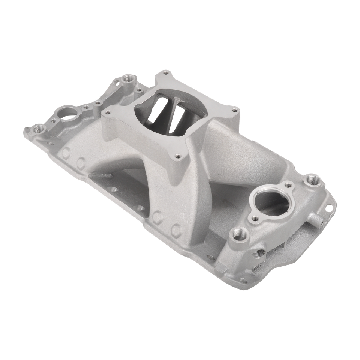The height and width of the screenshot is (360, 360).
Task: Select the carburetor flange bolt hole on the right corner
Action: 235,110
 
